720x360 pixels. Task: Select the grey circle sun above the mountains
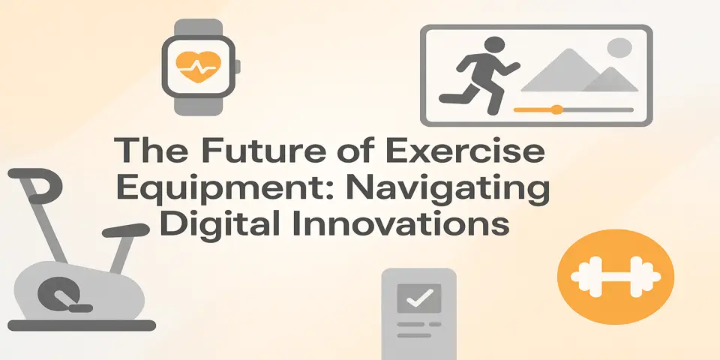pyautogui.click(x=619, y=49)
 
